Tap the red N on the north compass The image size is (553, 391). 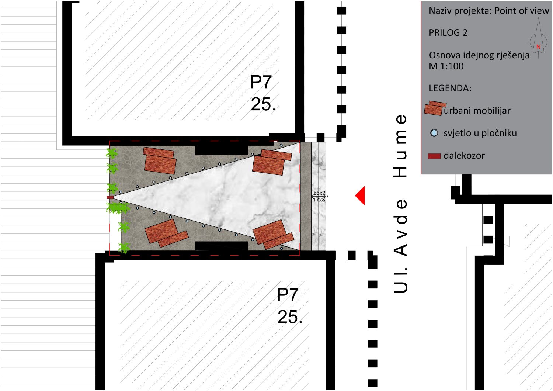(x=538, y=47)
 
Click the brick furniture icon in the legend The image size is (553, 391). (x=435, y=108)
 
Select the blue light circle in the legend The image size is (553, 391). (x=434, y=133)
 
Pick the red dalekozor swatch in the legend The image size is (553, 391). (x=434, y=156)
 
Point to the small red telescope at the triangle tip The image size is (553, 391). (x=110, y=197)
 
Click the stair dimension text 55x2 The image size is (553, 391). (x=319, y=193)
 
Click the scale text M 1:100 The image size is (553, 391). (x=446, y=66)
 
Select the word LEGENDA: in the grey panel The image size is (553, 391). (x=450, y=88)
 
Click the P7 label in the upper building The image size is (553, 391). (x=261, y=82)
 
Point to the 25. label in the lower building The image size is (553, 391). (x=289, y=317)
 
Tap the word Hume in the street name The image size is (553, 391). (x=400, y=146)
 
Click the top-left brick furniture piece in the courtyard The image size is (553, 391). (x=160, y=160)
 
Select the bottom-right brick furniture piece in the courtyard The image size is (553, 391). (x=273, y=234)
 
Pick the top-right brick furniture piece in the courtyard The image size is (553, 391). (x=272, y=162)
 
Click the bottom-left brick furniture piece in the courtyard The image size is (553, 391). (x=166, y=233)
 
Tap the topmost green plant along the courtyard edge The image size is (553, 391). (x=112, y=153)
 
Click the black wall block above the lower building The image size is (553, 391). (x=222, y=246)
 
